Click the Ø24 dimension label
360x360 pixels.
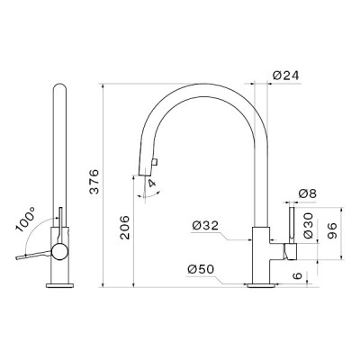pyautogui.click(x=286, y=76)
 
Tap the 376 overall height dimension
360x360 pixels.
pyautogui.click(x=94, y=182)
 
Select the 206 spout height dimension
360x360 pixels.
pyautogui.click(x=124, y=227)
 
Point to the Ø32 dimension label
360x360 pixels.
pyautogui.click(x=205, y=225)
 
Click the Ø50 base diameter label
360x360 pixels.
pyautogui.click(x=201, y=269)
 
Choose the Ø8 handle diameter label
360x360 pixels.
pyautogui.click(x=308, y=193)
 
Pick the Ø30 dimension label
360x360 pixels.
pyautogui.click(x=308, y=226)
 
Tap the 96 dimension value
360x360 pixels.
pyautogui.click(x=331, y=230)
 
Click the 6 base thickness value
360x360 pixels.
pyautogui.click(x=297, y=275)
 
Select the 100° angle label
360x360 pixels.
pyautogui.click(x=26, y=220)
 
